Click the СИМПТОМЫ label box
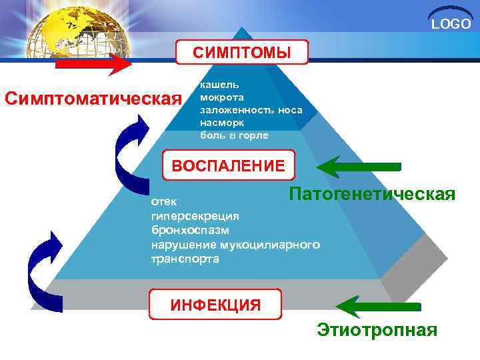click(x=242, y=52)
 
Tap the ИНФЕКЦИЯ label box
click(x=215, y=305)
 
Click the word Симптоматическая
click(x=93, y=99)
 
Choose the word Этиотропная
click(x=377, y=330)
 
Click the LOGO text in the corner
click(x=451, y=25)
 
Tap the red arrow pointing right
click(x=93, y=65)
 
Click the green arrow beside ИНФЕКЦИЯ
click(x=377, y=306)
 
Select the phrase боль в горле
click(x=234, y=135)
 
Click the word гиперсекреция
click(x=195, y=216)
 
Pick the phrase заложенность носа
click(x=251, y=110)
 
